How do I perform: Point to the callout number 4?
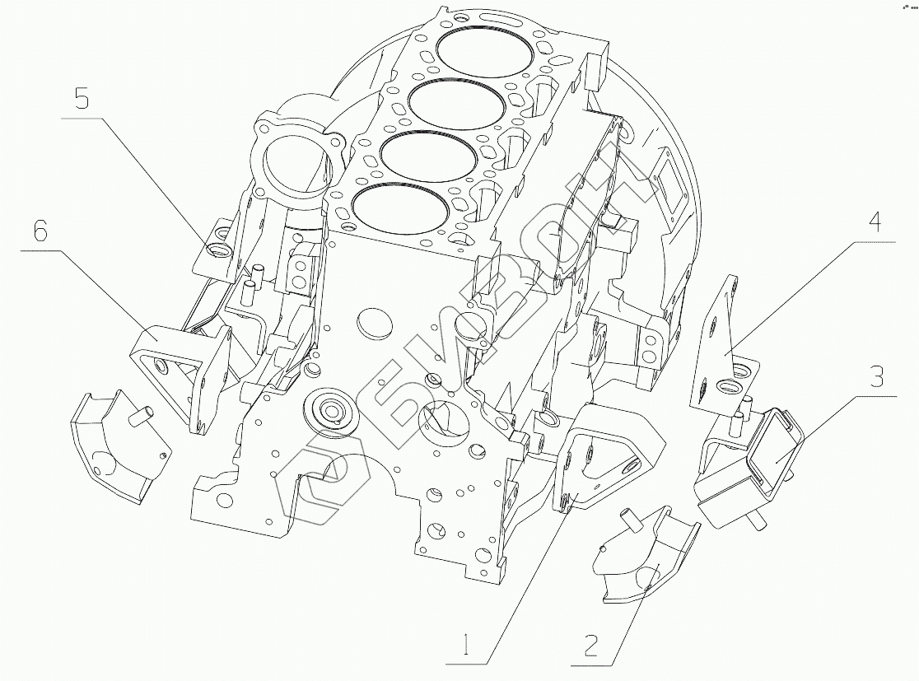click(x=875, y=222)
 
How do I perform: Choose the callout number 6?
click(x=40, y=232)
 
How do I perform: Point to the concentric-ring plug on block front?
click(x=331, y=412)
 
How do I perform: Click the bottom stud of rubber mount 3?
click(x=755, y=520)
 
